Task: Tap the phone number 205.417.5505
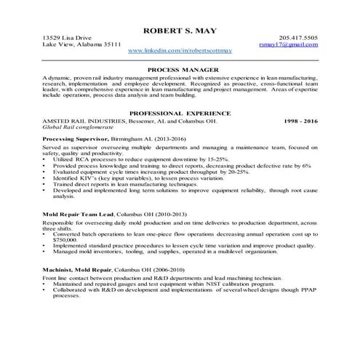297,38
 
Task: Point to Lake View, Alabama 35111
81,45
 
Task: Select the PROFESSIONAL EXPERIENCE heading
179,113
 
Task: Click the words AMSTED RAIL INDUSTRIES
83,121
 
